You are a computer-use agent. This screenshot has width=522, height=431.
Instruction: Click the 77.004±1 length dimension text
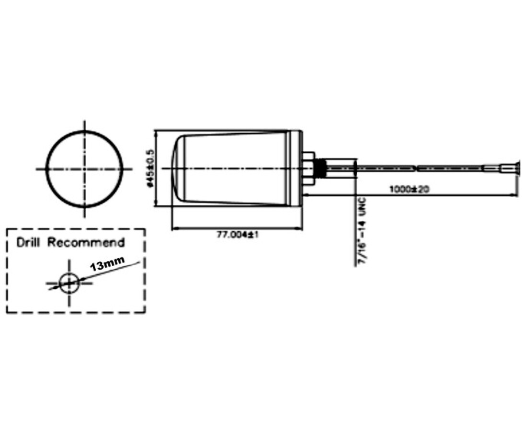tap(238, 235)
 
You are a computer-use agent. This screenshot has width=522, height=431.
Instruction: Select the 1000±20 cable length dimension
tap(409, 189)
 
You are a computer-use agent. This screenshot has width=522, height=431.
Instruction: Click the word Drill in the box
tap(28, 242)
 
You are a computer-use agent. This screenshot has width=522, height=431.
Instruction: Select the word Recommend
tap(86, 242)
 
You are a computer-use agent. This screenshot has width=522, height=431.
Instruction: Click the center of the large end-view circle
tap(85, 169)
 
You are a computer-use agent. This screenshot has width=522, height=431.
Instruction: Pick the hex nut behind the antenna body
tap(308, 169)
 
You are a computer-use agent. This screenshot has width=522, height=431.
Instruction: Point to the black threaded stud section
tap(320, 169)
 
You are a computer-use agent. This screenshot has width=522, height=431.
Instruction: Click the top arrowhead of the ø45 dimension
tap(156, 133)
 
